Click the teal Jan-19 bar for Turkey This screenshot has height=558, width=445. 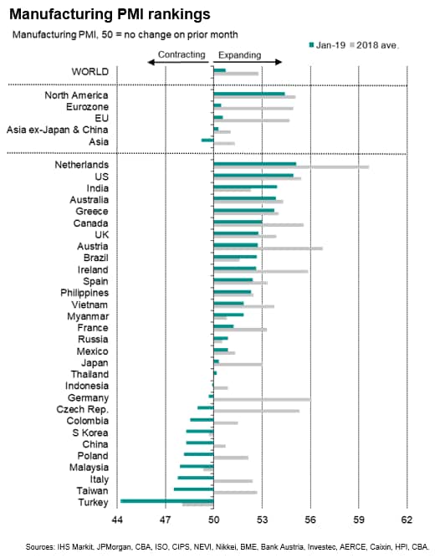tap(167, 501)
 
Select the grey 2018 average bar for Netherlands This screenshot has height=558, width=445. tap(291, 167)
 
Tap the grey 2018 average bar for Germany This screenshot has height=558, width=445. tap(263, 400)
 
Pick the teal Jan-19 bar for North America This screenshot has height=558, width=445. tap(249, 94)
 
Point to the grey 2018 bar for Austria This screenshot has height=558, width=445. tap(269, 248)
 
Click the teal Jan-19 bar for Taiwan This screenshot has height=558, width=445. tap(194, 489)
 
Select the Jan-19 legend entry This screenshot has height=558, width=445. tap(327, 45)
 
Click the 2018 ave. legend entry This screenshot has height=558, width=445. tap(375, 45)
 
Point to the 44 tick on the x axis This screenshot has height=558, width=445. tap(117, 520)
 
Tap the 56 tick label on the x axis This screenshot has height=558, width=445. tap(310, 520)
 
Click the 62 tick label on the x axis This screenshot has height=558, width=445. tap(407, 520)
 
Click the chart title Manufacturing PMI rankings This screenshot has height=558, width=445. tap(110, 14)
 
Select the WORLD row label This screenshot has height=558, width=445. tap(90, 72)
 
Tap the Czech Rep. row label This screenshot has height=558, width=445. tap(82, 410)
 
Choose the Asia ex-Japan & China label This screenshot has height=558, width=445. tap(57, 130)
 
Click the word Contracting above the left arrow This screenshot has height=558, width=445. tap(182, 54)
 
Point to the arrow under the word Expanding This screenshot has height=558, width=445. tap(248, 62)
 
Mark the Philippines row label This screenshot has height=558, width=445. tap(84, 293)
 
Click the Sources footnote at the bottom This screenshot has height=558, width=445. tap(228, 547)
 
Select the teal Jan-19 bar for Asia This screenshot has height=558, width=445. tap(207, 141)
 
